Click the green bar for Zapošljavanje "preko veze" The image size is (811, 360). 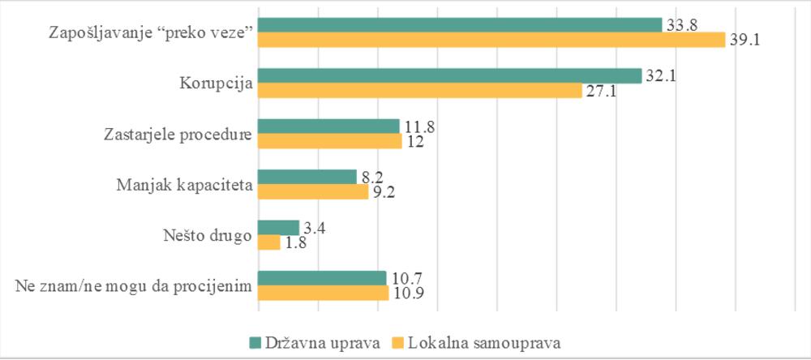click(x=460, y=25)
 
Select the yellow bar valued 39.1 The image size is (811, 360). click(x=491, y=41)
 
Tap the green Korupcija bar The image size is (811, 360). click(x=449, y=75)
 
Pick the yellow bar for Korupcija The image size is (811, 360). click(x=420, y=91)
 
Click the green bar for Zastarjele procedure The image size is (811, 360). click(x=328, y=126)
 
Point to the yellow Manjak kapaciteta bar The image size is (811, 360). click(x=313, y=192)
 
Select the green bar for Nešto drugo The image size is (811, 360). click(x=278, y=228)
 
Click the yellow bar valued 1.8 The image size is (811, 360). click(x=268, y=242)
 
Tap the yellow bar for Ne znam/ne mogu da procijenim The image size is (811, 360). click(x=323, y=293)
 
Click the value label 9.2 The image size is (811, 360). click(x=385, y=193)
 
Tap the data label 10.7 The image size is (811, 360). click(x=404, y=277)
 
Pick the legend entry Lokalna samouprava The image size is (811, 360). click(x=482, y=342)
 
